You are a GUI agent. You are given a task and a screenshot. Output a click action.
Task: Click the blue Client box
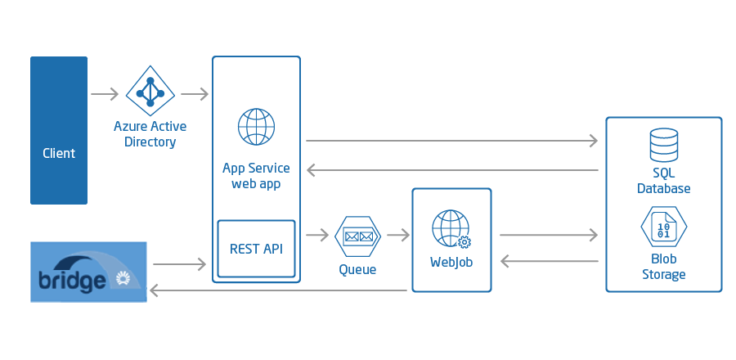click(59, 130)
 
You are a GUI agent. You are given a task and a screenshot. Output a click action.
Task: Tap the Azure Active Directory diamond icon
click(150, 91)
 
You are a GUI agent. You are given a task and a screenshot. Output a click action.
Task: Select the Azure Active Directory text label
click(150, 133)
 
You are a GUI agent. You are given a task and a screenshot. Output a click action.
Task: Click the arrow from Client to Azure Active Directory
click(105, 94)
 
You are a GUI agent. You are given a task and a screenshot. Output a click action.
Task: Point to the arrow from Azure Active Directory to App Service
click(195, 94)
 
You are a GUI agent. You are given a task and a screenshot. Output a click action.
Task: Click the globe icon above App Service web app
click(256, 127)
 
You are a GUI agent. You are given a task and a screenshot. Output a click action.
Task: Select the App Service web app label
click(256, 176)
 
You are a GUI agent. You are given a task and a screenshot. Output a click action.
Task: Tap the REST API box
click(256, 249)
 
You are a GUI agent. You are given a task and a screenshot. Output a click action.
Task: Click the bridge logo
click(88, 272)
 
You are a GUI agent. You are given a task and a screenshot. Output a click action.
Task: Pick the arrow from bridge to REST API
click(180, 264)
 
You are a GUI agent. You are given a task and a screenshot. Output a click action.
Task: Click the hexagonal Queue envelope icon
click(357, 236)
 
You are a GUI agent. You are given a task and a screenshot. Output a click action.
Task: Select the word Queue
click(357, 269)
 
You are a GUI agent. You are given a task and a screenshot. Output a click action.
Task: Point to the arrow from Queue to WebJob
click(398, 235)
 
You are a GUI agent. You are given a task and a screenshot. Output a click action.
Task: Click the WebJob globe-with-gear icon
click(451, 229)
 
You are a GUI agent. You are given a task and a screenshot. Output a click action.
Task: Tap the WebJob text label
click(451, 262)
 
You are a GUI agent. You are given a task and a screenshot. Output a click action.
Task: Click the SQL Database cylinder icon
click(664, 145)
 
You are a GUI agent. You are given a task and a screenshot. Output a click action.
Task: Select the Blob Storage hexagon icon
click(664, 227)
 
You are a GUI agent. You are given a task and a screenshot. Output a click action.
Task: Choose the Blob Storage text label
click(664, 267)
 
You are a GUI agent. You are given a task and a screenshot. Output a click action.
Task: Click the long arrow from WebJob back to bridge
click(278, 291)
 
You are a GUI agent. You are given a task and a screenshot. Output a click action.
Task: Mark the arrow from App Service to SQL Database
click(452, 141)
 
